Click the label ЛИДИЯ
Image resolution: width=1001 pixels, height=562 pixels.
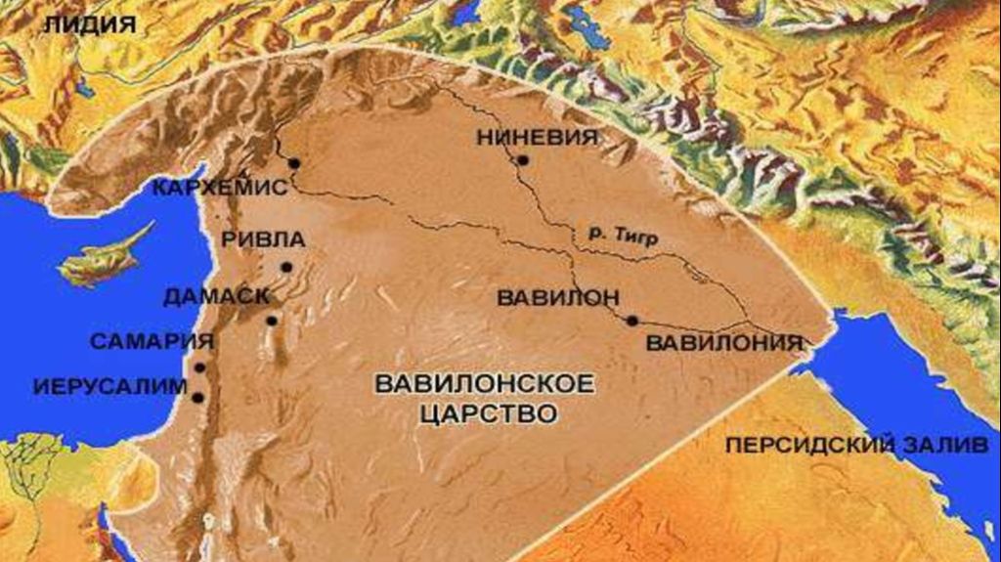pos(89,25)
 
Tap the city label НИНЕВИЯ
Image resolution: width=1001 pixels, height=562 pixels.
pos(538,138)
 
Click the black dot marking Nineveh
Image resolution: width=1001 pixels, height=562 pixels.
pos(524,160)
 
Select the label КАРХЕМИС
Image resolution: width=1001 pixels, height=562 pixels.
pos(220,188)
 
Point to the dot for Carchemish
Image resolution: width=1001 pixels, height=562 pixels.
pos(292,163)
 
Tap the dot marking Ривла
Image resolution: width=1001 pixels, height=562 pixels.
pos(286,267)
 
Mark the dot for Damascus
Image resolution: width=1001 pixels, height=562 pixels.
pos(271,320)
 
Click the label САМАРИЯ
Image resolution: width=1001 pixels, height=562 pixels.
pos(152,342)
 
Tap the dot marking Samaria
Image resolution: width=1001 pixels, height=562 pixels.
pos(200,368)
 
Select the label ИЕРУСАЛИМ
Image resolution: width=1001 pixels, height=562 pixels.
pos(109,386)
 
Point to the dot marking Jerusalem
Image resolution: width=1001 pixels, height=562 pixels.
pos(198,398)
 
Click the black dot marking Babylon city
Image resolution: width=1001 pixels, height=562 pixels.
pos(632,320)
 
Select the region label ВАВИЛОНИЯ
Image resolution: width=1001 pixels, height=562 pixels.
pos(724,343)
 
